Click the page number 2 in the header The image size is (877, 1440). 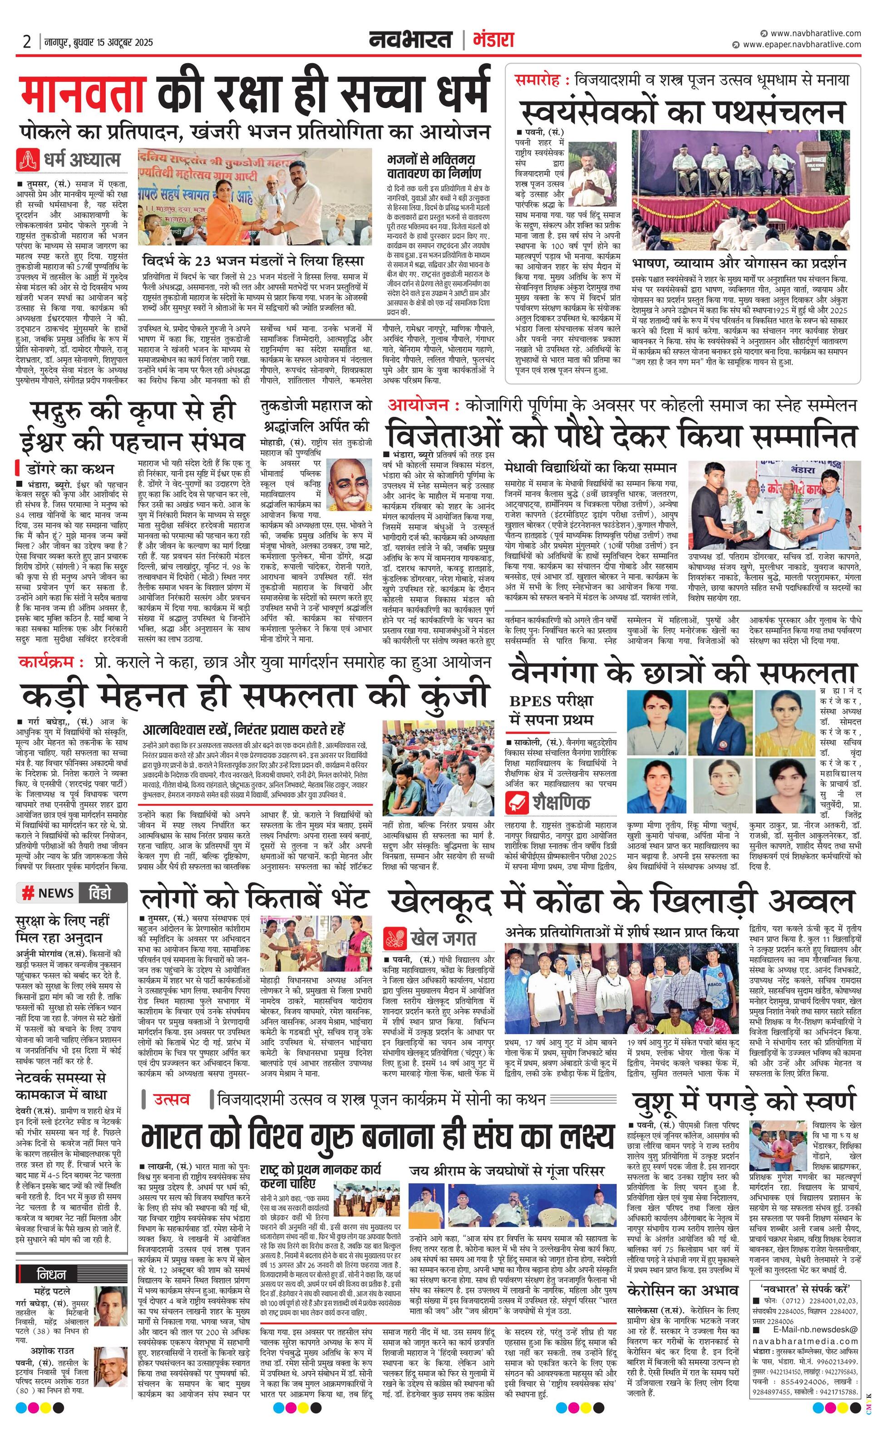click(27, 42)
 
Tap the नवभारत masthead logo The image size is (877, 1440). click(411, 40)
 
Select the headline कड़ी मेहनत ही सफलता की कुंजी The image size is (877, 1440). click(255, 697)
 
